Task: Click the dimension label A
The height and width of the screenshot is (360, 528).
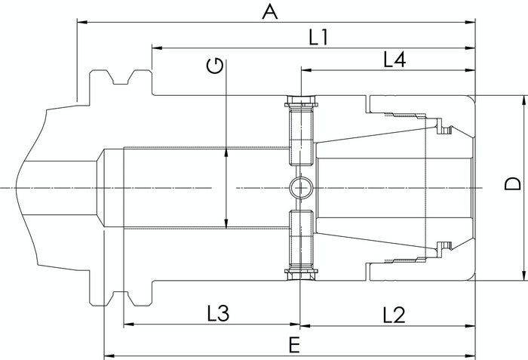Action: [x=270, y=12]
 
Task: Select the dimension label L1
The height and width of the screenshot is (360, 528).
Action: [x=318, y=38]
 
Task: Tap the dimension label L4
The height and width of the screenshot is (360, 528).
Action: [x=394, y=60]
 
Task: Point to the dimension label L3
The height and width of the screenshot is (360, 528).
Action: [x=218, y=313]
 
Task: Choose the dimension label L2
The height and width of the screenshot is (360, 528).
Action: [x=394, y=315]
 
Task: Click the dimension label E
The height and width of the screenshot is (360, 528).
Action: [x=294, y=345]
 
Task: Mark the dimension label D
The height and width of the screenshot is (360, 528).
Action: [x=513, y=184]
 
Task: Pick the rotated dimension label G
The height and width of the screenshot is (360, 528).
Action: [x=215, y=66]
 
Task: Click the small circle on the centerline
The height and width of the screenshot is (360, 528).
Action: [x=301, y=187]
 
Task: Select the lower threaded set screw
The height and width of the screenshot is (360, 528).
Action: [x=301, y=245]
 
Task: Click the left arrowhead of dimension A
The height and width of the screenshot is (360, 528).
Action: [x=82, y=23]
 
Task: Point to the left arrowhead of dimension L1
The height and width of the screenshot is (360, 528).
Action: [x=157, y=48]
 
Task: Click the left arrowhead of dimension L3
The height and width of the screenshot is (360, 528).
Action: [x=129, y=325]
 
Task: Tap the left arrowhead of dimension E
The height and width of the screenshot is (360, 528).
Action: [x=109, y=355]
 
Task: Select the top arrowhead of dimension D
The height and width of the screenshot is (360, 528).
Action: [x=524, y=100]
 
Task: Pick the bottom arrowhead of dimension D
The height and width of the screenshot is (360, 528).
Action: [x=524, y=275]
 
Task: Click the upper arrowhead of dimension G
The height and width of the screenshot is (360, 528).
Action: [x=226, y=152]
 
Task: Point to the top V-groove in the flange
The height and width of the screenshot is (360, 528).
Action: [x=121, y=78]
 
